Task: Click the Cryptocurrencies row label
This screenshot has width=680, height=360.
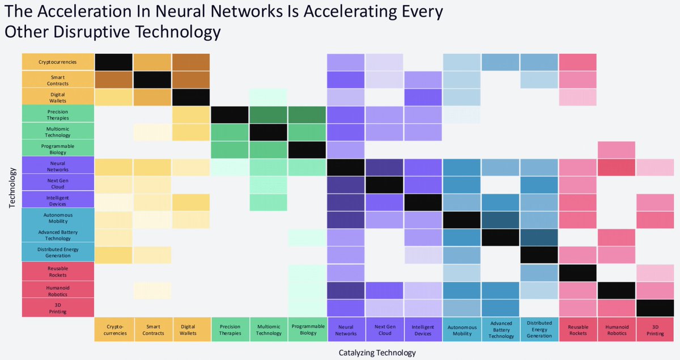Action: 58,62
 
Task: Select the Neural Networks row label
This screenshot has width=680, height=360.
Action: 58,167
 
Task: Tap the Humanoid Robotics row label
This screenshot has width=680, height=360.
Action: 58,290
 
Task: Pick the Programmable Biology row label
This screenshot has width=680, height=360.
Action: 58,149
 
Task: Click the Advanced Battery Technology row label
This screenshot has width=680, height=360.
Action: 58,235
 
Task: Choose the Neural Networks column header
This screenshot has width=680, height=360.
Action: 346,330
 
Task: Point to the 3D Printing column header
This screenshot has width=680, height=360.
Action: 655,330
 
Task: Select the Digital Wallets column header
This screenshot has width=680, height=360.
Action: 191,330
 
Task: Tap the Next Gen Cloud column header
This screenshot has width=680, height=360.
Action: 384,330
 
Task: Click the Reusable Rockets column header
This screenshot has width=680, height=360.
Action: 577,330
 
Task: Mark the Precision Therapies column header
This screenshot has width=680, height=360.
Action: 229,330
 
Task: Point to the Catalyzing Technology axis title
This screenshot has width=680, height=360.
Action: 377,353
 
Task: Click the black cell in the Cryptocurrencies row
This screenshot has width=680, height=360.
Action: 114,62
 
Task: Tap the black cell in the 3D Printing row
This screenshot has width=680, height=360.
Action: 655,307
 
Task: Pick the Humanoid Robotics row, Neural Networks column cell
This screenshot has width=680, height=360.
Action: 346,290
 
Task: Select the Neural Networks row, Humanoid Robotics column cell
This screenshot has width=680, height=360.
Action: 617,167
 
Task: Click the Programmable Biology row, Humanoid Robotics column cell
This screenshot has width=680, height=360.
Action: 617,149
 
